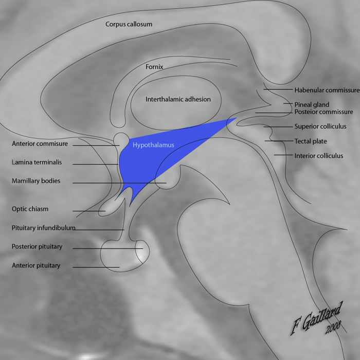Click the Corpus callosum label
[x=129, y=24]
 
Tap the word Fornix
[x=154, y=67]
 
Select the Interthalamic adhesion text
[x=171, y=99]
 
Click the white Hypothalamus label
[x=153, y=145]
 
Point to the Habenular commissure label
[x=327, y=90]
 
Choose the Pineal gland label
[x=312, y=104]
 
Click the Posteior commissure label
[x=323, y=112]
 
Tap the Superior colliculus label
[x=320, y=126]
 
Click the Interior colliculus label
[x=318, y=155]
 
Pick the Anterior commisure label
[x=40, y=144]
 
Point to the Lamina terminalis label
[x=37, y=162]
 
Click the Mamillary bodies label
[x=36, y=181]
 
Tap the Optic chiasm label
[x=30, y=209]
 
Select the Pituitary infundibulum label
[x=44, y=227]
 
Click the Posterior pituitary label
[x=37, y=247]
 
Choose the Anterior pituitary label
[x=36, y=266]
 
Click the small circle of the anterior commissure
[x=122, y=138]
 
